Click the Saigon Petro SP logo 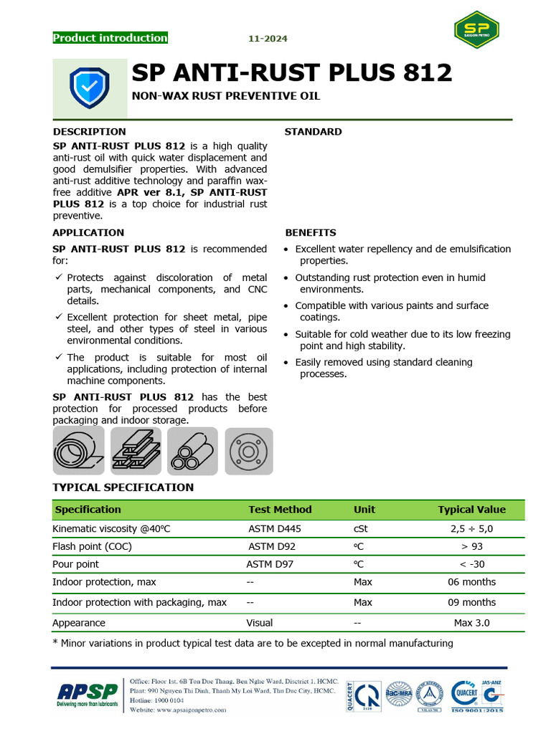[476, 30]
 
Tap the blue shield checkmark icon [89, 87]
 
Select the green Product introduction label [110, 38]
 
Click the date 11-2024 [268, 39]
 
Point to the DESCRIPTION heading [89, 132]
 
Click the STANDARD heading [313, 132]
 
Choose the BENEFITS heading [311, 233]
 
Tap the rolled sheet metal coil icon [78, 451]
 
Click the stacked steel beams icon [136, 451]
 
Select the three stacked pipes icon [192, 451]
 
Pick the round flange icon [249, 451]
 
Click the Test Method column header [280, 510]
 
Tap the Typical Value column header [471, 510]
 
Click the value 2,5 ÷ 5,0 [471, 529]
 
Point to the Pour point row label [76, 564]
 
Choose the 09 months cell [471, 602]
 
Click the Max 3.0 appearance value [471, 623]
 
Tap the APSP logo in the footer [87, 693]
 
